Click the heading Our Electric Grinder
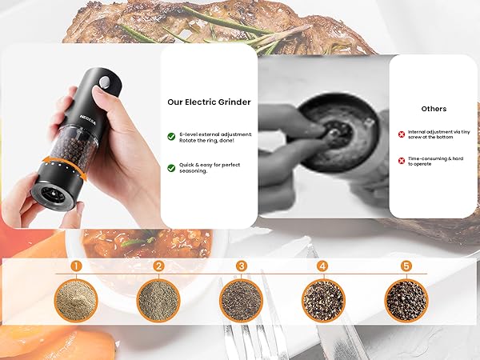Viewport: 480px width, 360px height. [208, 102]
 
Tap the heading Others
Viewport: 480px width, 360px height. [434, 108]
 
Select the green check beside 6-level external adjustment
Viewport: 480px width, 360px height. [172, 136]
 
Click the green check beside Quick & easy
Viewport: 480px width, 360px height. [172, 168]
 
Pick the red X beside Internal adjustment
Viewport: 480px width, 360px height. [402, 135]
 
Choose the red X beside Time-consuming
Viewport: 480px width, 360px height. [402, 160]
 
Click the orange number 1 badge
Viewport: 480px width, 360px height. [76, 266]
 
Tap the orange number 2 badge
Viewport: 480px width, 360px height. [159, 266]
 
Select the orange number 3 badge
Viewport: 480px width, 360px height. [242, 266]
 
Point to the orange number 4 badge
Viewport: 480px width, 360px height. [322, 266]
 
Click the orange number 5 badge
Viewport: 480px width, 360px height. [406, 266]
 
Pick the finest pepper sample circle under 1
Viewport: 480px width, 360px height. [76, 300]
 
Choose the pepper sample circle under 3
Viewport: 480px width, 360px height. [242, 300]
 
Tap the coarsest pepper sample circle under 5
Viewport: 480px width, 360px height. [406, 300]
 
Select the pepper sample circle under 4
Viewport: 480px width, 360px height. [323, 300]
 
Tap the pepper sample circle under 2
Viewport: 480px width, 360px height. [159, 300]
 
